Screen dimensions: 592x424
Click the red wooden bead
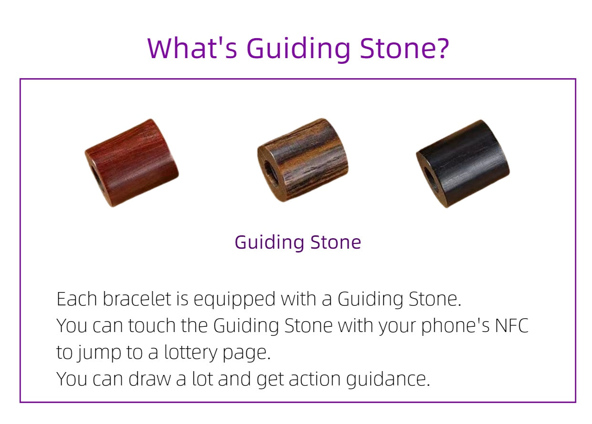pyautogui.click(x=132, y=163)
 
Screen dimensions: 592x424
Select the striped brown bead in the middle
pyautogui.click(x=303, y=160)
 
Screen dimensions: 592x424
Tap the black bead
pyautogui.click(x=463, y=164)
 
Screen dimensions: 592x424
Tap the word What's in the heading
pyautogui.click(x=192, y=48)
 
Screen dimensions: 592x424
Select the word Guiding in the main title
pyautogui.click(x=298, y=50)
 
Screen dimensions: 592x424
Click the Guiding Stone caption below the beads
pyautogui.click(x=298, y=243)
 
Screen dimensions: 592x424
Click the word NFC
pyautogui.click(x=511, y=325)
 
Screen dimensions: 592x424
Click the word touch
pyautogui.click(x=152, y=325)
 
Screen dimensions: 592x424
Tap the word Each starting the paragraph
pyautogui.click(x=77, y=299)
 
